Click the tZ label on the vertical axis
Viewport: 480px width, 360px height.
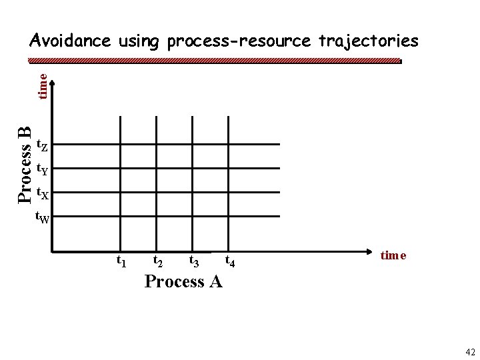click(41, 145)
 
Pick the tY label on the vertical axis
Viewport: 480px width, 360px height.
click(41, 169)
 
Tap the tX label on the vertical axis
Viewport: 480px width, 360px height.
click(41, 194)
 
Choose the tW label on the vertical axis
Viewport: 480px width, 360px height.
click(41, 217)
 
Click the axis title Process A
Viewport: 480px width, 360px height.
click(183, 281)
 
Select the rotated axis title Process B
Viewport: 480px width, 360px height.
click(24, 164)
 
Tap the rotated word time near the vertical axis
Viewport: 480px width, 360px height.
click(42, 87)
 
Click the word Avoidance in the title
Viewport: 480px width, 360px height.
click(70, 41)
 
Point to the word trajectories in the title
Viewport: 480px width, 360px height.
click(367, 41)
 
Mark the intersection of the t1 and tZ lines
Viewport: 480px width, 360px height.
click(120, 143)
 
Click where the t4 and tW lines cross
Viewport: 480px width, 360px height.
click(229, 215)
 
